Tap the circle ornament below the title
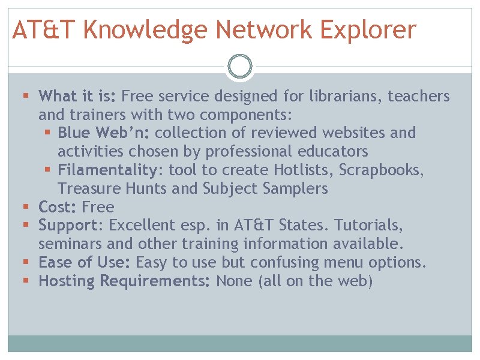click(x=240, y=67)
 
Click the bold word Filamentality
click(x=107, y=170)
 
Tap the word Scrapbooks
click(x=382, y=170)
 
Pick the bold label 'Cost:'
click(x=58, y=207)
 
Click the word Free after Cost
click(x=98, y=207)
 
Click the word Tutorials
click(x=368, y=226)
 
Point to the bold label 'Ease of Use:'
click(x=85, y=263)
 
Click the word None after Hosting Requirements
click(x=234, y=281)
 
